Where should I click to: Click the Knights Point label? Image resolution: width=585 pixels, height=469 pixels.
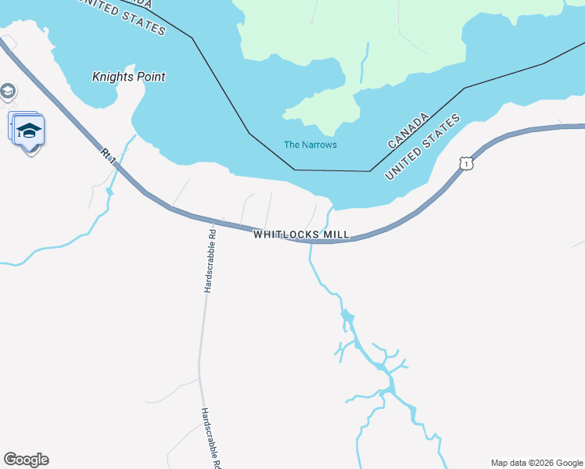coord(129,77)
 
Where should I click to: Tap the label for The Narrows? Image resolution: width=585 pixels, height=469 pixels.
coord(310,145)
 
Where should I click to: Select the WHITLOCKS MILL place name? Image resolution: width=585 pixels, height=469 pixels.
coord(301,234)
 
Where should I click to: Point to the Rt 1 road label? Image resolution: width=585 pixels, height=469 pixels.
coord(108,154)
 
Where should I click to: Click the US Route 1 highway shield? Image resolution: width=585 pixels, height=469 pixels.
coord(466,163)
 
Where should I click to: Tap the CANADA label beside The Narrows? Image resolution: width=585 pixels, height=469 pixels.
coord(409,131)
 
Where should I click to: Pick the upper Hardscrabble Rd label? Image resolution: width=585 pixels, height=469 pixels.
coord(209,261)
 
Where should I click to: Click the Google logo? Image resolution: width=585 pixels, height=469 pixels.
coord(26,460)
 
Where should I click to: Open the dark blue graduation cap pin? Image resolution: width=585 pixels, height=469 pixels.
coord(29,131)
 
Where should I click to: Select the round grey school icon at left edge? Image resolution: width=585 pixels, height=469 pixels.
coord(7,91)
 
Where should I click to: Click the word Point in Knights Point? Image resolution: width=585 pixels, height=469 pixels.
coord(149,77)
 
